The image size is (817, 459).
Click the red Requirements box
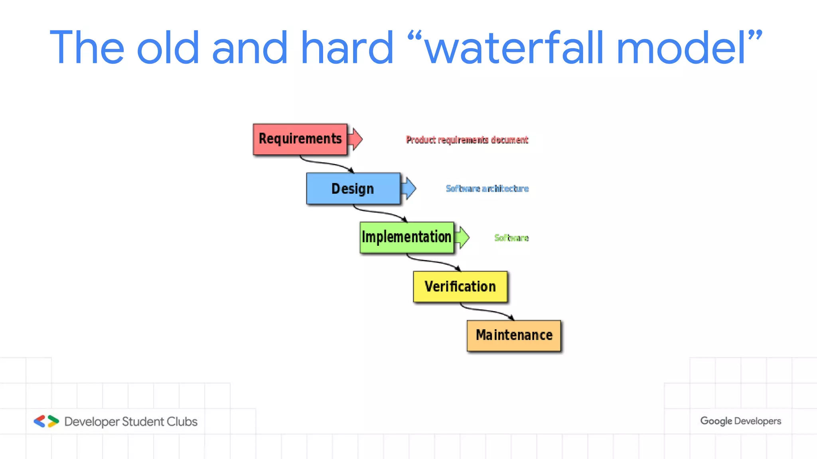tap(300, 139)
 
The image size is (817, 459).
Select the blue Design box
tap(353, 188)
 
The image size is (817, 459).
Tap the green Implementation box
tap(407, 237)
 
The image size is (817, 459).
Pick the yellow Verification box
tap(460, 286)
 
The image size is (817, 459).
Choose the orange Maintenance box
tap(514, 335)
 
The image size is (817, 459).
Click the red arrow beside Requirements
tap(355, 139)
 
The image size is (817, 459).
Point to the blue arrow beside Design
tap(409, 188)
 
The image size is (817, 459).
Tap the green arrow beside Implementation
tap(462, 237)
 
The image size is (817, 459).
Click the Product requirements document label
tap(467, 140)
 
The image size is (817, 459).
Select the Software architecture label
tap(487, 188)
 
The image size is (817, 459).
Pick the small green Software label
tap(511, 238)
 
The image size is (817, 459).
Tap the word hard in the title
tap(347, 48)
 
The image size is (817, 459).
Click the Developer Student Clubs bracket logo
tap(46, 421)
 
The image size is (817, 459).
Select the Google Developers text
tap(740, 421)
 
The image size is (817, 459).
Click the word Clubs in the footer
tap(182, 422)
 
